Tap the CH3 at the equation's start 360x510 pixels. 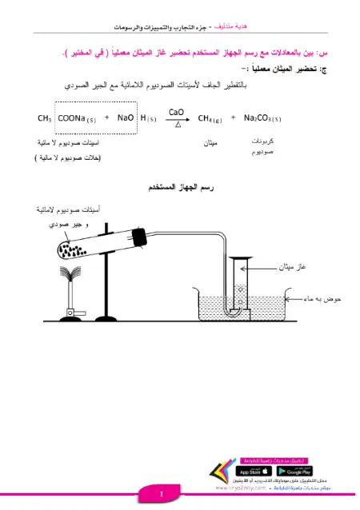[x=45, y=118]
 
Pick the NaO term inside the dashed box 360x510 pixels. [x=125, y=118]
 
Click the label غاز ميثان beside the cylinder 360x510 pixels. [x=293, y=266]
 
